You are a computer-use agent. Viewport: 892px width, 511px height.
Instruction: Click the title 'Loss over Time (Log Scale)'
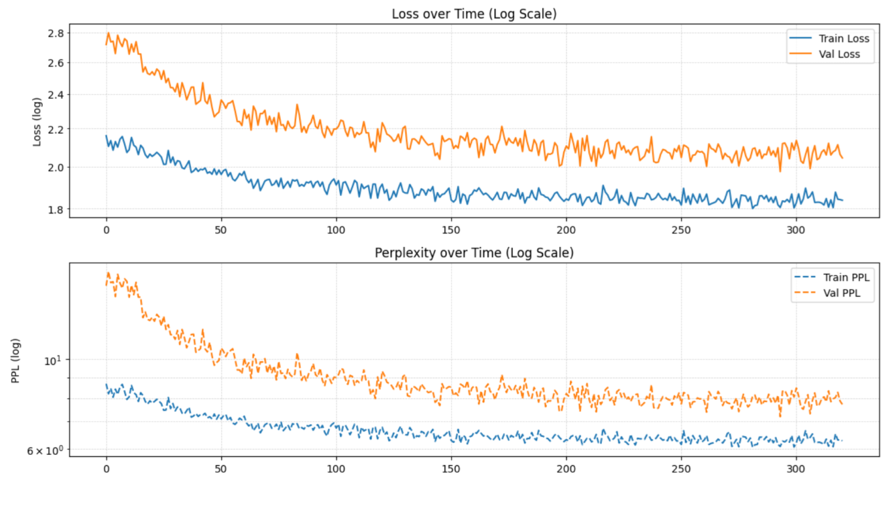coord(474,14)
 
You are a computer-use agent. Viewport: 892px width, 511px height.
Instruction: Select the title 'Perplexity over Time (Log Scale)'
coord(474,253)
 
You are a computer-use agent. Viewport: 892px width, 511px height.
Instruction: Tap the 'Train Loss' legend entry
coord(844,39)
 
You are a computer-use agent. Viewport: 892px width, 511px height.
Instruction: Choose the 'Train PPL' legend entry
coord(844,278)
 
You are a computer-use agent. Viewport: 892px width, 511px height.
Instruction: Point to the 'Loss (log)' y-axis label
coord(38,122)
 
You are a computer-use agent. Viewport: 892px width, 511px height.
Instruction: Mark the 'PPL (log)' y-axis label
coord(15,360)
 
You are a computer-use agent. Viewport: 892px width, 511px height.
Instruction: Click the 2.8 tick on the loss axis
coord(56,33)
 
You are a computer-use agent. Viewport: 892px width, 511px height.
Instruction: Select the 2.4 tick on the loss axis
coord(56,95)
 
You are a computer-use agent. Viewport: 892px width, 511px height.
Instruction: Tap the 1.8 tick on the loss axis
coord(56,210)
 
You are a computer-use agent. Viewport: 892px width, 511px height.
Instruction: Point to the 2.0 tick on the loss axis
coord(56,167)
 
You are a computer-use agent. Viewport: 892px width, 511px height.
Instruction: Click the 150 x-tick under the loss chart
coord(451,229)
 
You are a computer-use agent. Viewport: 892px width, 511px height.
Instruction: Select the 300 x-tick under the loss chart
coord(796,229)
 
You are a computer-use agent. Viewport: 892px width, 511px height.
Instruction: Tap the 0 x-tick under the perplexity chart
coord(107,469)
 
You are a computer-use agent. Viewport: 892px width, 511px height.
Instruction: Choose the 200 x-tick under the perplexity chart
coord(566,469)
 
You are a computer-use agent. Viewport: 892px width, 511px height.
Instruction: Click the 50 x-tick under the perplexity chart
coord(221,469)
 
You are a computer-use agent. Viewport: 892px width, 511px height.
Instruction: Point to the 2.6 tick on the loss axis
coord(56,63)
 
